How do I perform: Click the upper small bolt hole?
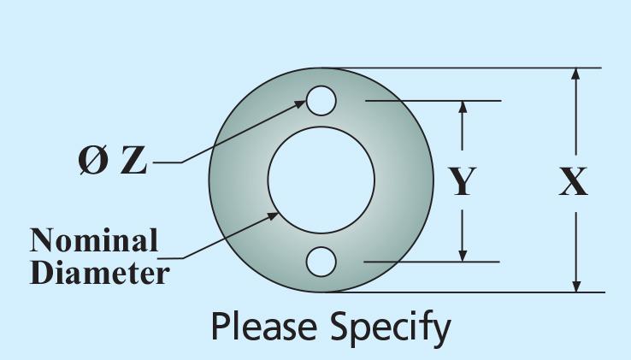pyautogui.click(x=321, y=101)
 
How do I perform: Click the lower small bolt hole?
pyautogui.click(x=321, y=262)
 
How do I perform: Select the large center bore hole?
pyautogui.click(x=321, y=180)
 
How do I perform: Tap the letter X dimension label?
pyautogui.click(x=573, y=182)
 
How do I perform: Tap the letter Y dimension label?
pyautogui.click(x=463, y=182)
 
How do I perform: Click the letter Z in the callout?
pyautogui.click(x=134, y=160)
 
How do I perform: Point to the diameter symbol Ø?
pyautogui.click(x=93, y=160)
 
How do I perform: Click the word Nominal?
pyautogui.click(x=94, y=240)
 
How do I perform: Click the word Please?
pyautogui.click(x=263, y=327)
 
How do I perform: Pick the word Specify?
pyautogui.click(x=391, y=328)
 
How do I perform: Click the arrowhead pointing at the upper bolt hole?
pyautogui.click(x=300, y=104)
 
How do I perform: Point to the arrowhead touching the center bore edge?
pyautogui.click(x=272, y=216)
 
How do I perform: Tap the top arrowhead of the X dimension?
pyautogui.click(x=576, y=75)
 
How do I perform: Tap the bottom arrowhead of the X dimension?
pyautogui.click(x=576, y=285)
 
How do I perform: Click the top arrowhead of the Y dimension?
pyautogui.click(x=463, y=108)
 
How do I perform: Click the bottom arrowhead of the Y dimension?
pyautogui.click(x=463, y=255)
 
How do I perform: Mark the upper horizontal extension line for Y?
pyautogui.click(x=433, y=101)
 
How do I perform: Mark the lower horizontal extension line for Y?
pyautogui.click(x=432, y=262)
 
